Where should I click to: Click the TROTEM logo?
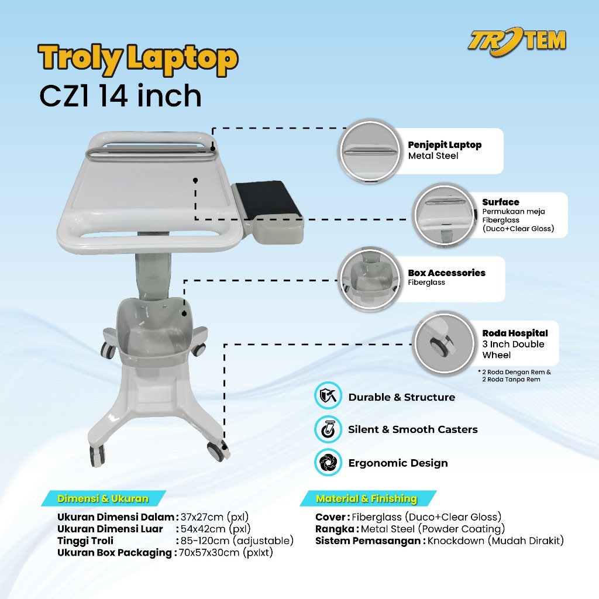pyautogui.click(x=517, y=42)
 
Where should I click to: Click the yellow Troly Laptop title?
pyautogui.click(x=138, y=59)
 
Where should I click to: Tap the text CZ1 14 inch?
pyautogui.click(x=121, y=95)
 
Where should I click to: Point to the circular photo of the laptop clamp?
pyautogui.click(x=370, y=152)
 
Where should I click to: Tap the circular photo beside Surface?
pyautogui.click(x=445, y=215)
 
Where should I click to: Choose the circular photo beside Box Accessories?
pyautogui.click(x=370, y=280)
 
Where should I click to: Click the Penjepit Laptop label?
pyautogui.click(x=445, y=145)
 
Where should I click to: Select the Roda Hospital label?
pyautogui.click(x=515, y=333)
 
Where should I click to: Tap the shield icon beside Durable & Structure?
pyautogui.click(x=328, y=395)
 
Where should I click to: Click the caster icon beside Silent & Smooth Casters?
pyautogui.click(x=328, y=429)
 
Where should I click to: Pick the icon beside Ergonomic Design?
pyautogui.click(x=328, y=462)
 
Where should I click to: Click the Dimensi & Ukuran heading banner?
pyautogui.click(x=103, y=498)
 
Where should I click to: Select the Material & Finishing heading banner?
pyautogui.click(x=367, y=498)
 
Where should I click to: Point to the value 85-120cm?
pyautogui.click(x=205, y=541)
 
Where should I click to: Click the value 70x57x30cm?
pyautogui.click(x=209, y=552)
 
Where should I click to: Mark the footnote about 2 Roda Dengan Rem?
pyautogui.click(x=515, y=376)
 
